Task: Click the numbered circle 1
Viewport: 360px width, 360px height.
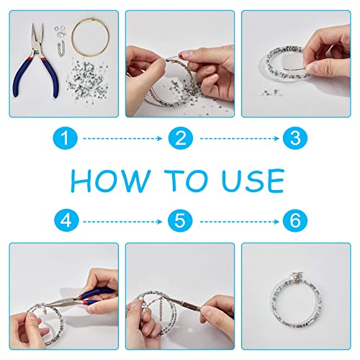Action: [x=66, y=138]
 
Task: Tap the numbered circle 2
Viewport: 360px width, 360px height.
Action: [x=181, y=138]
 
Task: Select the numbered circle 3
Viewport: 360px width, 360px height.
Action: [x=295, y=138]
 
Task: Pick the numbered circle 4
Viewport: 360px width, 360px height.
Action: [x=66, y=221]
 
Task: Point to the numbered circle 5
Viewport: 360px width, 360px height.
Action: [x=180, y=221]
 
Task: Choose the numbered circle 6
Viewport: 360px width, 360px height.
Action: [x=295, y=221]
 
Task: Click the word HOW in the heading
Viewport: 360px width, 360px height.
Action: [x=110, y=181]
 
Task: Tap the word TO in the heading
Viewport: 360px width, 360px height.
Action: [x=186, y=181]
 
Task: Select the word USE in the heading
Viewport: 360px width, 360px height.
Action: [x=253, y=181]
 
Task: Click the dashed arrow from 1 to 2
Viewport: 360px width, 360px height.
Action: [x=122, y=138]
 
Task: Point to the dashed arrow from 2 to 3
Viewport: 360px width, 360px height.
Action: [x=240, y=138]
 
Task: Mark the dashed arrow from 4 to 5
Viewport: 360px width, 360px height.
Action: [x=122, y=222]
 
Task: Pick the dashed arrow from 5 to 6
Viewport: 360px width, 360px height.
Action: [x=240, y=222]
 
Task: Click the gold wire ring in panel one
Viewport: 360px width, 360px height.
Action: [x=72, y=38]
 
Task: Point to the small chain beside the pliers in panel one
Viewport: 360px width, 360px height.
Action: [x=62, y=48]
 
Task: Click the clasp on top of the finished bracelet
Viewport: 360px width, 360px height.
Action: [x=296, y=277]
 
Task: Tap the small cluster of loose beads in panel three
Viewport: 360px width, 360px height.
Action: [x=269, y=92]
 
